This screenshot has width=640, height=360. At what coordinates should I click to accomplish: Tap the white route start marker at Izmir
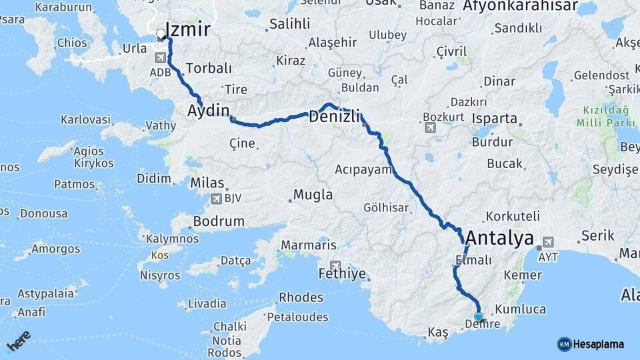pos(161,33)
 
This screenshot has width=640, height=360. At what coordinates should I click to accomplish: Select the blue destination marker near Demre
pos(478,317)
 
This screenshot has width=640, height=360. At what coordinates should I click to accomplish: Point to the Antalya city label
pos(500,238)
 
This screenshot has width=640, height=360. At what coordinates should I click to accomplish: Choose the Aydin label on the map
pos(209,111)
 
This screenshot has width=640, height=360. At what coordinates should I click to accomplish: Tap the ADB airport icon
pos(159,57)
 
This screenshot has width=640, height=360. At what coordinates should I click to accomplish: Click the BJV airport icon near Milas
pos(215,198)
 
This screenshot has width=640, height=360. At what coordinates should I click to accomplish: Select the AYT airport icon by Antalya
pos(548,243)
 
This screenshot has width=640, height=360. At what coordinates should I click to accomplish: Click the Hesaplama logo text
pos(599,344)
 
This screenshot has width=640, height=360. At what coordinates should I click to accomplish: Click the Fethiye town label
pos(343,274)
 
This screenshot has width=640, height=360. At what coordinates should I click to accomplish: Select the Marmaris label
pos(308,245)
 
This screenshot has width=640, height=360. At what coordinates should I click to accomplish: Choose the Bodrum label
pos(218,221)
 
